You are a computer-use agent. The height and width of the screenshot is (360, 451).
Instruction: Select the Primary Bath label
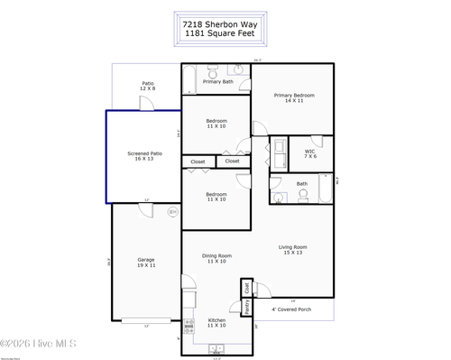point(217,82)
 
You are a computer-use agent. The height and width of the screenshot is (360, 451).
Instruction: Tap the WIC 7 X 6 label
point(309,153)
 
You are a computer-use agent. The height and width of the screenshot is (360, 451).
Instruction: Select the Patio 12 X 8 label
point(147,86)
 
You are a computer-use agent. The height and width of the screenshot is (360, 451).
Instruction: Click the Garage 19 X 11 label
point(146,262)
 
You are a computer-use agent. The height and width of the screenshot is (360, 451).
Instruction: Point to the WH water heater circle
point(173,212)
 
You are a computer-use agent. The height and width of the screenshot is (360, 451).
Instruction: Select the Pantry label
point(245,307)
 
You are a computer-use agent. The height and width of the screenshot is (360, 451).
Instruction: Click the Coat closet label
point(245,288)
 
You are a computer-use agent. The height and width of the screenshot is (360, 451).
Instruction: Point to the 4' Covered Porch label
point(292,309)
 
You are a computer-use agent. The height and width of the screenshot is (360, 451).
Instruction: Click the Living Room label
point(292,249)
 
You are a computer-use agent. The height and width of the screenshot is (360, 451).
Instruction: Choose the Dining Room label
point(216,258)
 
